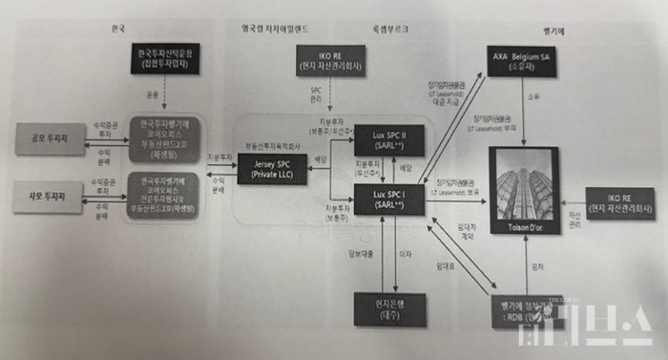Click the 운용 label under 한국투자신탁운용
coord(155,95)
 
